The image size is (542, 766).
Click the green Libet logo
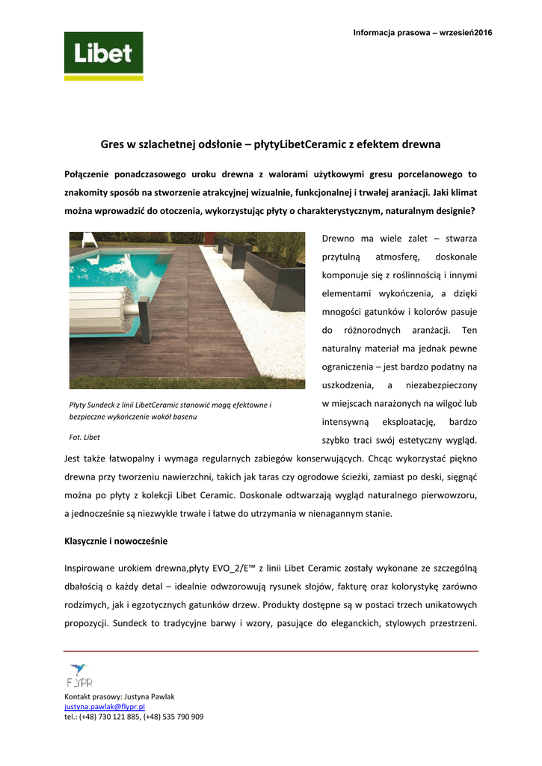click(x=103, y=55)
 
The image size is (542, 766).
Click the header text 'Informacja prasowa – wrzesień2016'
click(x=422, y=32)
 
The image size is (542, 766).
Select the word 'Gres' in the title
click(x=113, y=144)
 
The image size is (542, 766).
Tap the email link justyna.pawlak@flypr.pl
click(x=105, y=706)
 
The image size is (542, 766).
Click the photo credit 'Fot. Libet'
click(x=84, y=437)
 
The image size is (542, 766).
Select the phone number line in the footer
click(x=134, y=717)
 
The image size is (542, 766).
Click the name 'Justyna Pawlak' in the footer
click(x=149, y=696)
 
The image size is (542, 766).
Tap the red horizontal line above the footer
click(x=271, y=651)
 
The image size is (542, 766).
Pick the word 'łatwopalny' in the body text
click(x=126, y=458)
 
